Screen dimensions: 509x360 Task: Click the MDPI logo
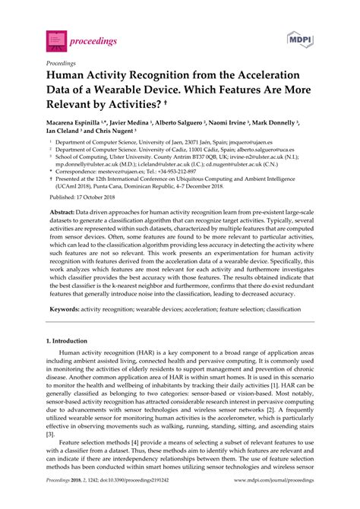tap(298, 38)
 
